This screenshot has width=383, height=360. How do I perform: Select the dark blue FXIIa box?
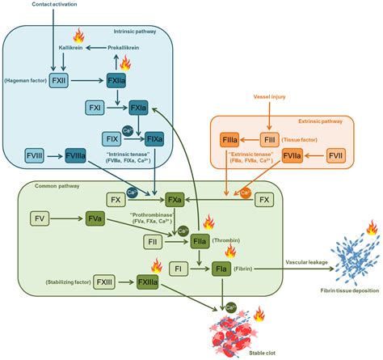[117, 81]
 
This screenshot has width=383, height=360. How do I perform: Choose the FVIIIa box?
[76, 155]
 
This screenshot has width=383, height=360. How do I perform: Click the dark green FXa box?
[173, 198]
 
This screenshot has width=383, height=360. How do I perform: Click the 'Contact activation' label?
[32, 6]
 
